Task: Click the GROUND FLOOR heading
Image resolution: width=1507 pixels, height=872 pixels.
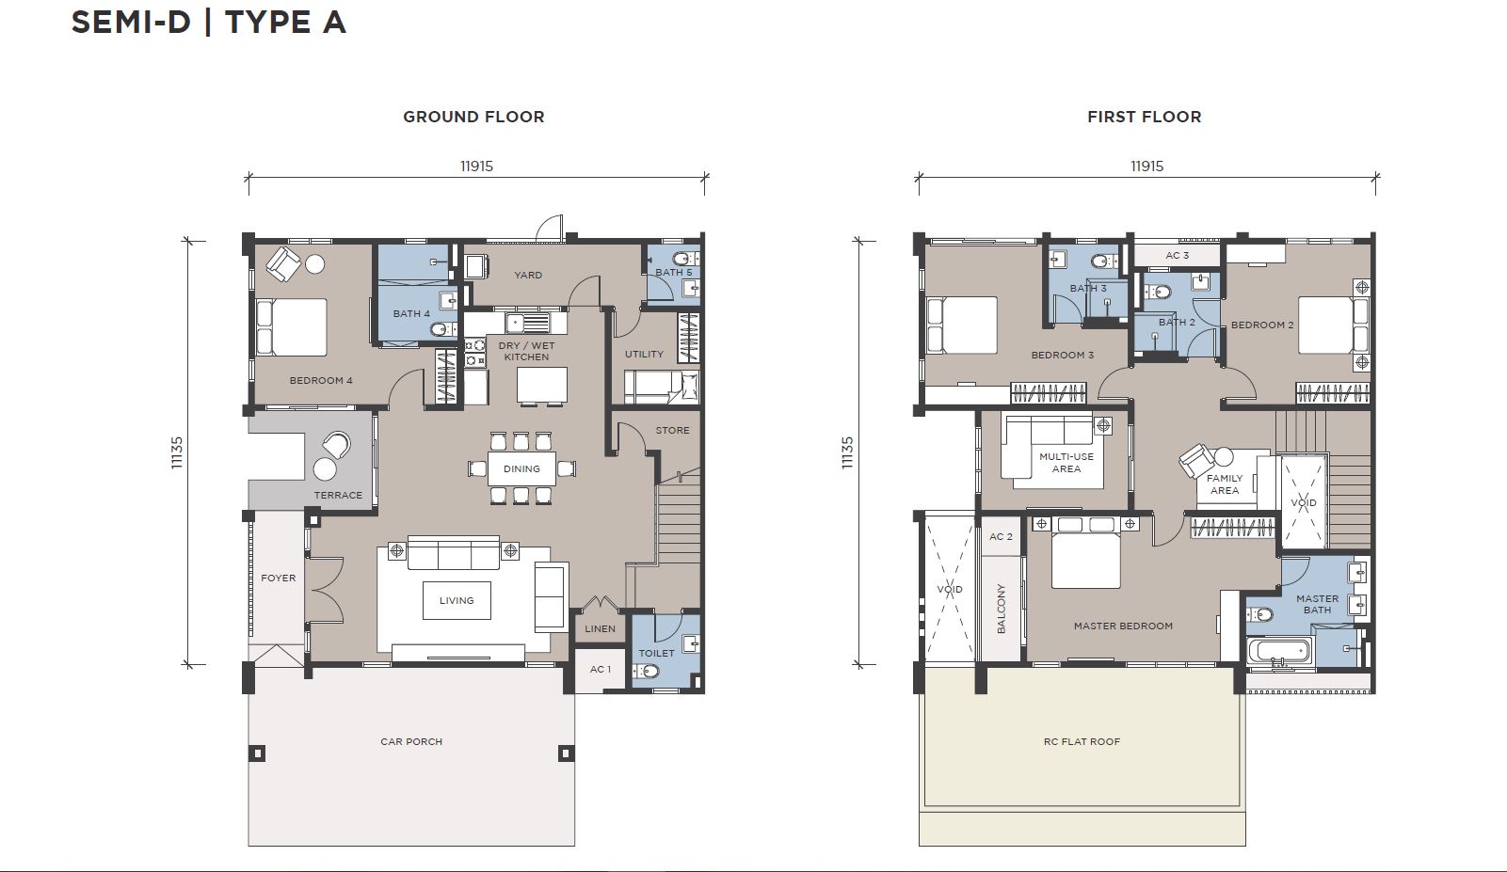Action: (x=473, y=117)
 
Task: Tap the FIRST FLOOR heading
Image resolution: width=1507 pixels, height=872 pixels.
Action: (x=1145, y=117)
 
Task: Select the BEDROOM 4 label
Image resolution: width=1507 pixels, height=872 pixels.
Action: (x=321, y=381)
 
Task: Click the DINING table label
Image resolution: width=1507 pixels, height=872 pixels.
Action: (x=521, y=468)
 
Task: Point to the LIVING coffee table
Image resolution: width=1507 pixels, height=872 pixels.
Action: (x=457, y=600)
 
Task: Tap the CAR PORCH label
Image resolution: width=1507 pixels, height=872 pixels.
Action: (x=411, y=741)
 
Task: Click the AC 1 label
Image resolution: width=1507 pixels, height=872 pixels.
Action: (x=601, y=669)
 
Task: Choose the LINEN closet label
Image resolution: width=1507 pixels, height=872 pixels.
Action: (x=601, y=628)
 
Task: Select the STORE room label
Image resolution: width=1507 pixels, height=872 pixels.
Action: (x=673, y=430)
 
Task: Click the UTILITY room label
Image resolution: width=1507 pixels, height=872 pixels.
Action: (x=644, y=354)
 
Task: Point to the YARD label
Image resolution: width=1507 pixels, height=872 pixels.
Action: (x=528, y=275)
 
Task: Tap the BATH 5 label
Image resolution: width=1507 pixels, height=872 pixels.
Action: (x=673, y=272)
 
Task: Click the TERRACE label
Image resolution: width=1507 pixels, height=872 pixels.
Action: (x=338, y=495)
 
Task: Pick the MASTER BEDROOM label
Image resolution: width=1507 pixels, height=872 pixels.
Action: (x=1123, y=626)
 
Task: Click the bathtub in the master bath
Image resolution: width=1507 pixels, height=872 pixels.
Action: (x=1279, y=653)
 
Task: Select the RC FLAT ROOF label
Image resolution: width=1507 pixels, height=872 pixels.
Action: (x=1082, y=741)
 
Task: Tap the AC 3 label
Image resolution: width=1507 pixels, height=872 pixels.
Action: (x=1178, y=256)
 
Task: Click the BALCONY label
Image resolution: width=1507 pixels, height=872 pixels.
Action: (x=1002, y=609)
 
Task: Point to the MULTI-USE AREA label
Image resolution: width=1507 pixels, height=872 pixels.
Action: (x=1066, y=463)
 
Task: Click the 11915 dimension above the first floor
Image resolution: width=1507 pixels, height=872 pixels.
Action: (x=1147, y=166)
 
